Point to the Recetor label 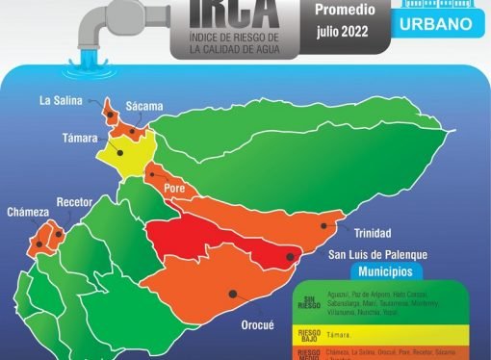point(74,203)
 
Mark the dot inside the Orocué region point(232,294)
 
